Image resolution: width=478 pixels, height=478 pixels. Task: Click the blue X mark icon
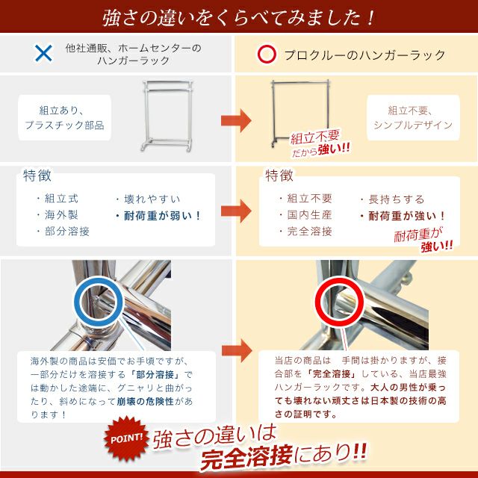tap(43, 53)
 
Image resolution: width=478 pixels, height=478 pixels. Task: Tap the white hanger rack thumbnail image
tap(168, 116)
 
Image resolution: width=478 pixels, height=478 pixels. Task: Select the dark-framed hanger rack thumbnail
tap(300, 113)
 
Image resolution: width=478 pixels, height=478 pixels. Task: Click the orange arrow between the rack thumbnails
tap(236, 120)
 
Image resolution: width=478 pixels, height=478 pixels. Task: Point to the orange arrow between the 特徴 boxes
tap(236, 211)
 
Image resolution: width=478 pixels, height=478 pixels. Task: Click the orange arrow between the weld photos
tap(237, 350)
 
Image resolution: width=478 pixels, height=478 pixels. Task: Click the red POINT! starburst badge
tap(126, 439)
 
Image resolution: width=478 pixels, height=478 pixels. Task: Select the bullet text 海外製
tap(61, 215)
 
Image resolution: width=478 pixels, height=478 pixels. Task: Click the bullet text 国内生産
tap(309, 215)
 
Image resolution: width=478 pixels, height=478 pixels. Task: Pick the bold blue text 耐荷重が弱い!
tap(162, 216)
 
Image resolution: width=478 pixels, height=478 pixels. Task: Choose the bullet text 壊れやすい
tap(152, 199)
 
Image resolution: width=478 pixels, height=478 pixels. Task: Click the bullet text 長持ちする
tap(397, 199)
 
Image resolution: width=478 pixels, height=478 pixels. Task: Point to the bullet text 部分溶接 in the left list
tap(67, 232)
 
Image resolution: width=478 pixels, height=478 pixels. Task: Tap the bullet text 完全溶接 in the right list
tap(309, 232)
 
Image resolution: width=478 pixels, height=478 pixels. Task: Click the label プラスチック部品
tap(65, 125)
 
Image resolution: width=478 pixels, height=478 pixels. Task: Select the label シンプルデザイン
tap(413, 125)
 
